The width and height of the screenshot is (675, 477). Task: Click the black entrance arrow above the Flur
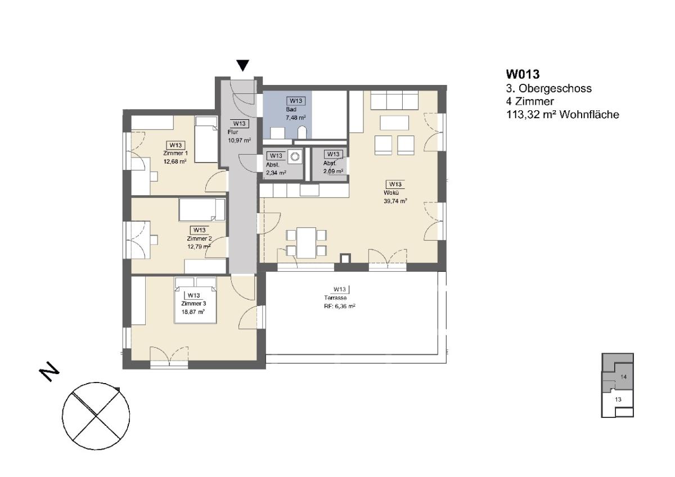(242, 65)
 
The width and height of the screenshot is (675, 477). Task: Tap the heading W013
(523, 74)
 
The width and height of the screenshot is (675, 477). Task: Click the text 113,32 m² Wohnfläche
(562, 115)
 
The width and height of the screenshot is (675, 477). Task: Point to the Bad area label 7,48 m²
(296, 118)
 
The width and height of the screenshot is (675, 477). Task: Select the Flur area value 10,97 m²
(240, 140)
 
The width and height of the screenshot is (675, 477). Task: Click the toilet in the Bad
(301, 133)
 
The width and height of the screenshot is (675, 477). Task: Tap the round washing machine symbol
(294, 156)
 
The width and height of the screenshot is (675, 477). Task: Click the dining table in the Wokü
(306, 242)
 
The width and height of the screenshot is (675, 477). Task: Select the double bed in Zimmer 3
(196, 300)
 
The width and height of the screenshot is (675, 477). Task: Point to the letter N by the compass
(49, 374)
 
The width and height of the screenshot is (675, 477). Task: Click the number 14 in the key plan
(623, 377)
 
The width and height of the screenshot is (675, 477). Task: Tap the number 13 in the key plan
(618, 399)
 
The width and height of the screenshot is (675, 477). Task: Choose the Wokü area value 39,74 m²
(395, 201)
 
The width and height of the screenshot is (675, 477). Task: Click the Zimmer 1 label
(175, 154)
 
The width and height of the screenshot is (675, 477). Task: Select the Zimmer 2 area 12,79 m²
(199, 246)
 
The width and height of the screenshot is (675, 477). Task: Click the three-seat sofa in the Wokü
(394, 101)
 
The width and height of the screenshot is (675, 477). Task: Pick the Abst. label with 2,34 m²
(273, 165)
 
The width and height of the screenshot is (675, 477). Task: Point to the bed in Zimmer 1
(206, 139)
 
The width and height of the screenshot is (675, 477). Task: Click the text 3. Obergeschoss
(549, 88)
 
